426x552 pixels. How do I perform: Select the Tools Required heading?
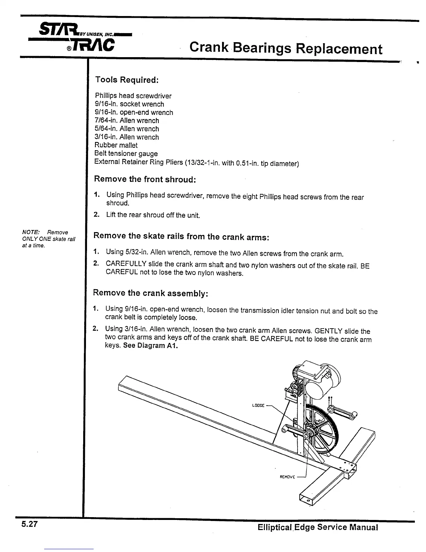pyautogui.click(x=127, y=80)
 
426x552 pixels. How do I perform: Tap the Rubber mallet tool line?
pyautogui.click(x=116, y=145)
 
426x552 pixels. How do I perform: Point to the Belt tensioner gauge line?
pyautogui.click(x=126, y=154)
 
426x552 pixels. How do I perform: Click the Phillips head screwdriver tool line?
pyautogui.click(x=133, y=96)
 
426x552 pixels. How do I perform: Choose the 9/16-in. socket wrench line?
pyautogui.click(x=129, y=104)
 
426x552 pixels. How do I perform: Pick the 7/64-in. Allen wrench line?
pyautogui.click(x=127, y=121)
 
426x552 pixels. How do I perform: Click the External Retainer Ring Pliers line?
pyautogui.click(x=197, y=163)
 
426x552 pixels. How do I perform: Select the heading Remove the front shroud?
pyautogui.click(x=145, y=179)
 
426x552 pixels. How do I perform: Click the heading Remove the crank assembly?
pyautogui.click(x=150, y=293)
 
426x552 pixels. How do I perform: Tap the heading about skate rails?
pyautogui.click(x=181, y=236)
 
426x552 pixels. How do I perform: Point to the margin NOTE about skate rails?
pyautogui.click(x=48, y=239)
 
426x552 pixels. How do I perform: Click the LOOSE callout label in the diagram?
pyautogui.click(x=258, y=406)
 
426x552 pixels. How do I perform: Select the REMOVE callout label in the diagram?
pyautogui.click(x=287, y=477)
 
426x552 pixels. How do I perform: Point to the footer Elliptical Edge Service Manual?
pyautogui.click(x=318, y=527)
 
